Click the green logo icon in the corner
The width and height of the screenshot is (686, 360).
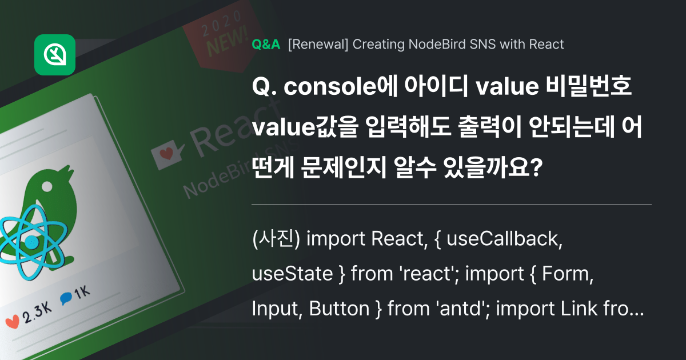pos(55,54)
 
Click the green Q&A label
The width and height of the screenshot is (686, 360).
pos(266,45)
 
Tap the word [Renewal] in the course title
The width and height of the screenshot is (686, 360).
pos(318,45)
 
